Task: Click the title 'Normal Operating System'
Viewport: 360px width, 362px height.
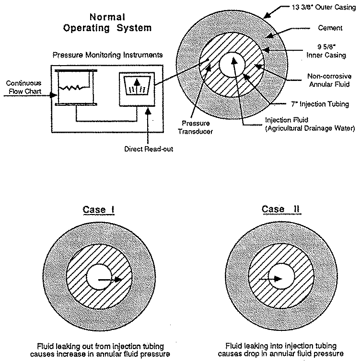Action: tap(107, 23)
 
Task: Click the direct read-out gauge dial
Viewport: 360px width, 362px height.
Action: tap(137, 87)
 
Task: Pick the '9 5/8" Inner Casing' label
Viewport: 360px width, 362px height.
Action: tap(330, 51)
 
